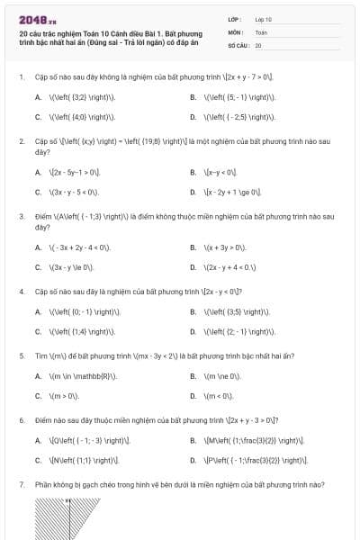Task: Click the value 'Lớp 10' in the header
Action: [x=264, y=19]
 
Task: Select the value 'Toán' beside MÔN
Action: [x=261, y=31]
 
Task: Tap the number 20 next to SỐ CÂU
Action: [x=258, y=44]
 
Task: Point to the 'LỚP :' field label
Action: [x=235, y=19]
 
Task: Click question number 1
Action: [x=21, y=76]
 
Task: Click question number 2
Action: [x=21, y=141]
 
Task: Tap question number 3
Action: [x=21, y=216]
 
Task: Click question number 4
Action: [x=21, y=292]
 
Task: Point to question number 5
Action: [x=21, y=355]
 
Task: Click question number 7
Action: [x=21, y=484]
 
